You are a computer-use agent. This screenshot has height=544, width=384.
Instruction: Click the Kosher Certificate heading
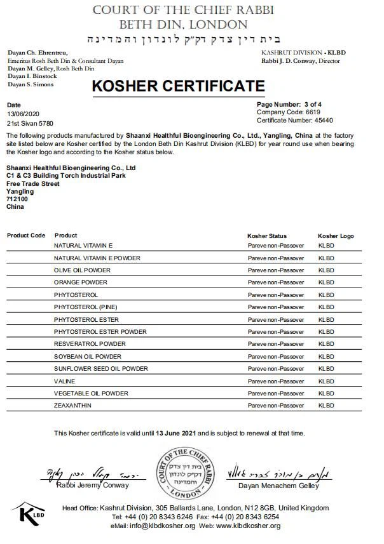point(179,86)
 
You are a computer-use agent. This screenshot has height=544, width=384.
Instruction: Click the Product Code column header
point(26,236)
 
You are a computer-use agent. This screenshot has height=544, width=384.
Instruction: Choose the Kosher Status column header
point(267,236)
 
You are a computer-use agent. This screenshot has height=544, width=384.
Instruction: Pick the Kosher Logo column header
point(336,236)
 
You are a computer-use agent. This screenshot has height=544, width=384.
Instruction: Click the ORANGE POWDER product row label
point(81,282)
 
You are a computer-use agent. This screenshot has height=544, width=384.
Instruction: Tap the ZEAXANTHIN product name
point(74,406)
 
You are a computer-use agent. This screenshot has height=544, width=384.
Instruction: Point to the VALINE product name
point(65,381)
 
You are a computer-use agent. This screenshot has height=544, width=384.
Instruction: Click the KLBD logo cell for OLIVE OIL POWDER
point(326,270)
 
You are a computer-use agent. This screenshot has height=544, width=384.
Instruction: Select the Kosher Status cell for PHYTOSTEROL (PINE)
point(276,307)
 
